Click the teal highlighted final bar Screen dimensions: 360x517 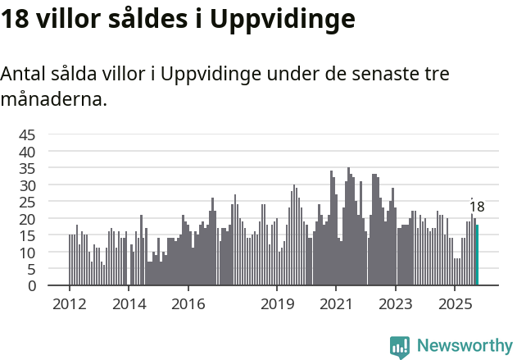coord(477,255)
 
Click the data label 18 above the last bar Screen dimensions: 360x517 coord(477,207)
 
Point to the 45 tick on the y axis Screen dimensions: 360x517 coord(27,135)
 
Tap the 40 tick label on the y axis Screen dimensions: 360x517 coord(27,152)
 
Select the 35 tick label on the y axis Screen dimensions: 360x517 coord(27,169)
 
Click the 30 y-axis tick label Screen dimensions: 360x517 coord(27,185)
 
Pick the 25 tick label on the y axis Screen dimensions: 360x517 coord(27,203)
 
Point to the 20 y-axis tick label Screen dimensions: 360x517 coord(27,219)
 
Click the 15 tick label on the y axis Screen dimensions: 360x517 coord(27,236)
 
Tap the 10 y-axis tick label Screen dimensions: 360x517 coord(27,253)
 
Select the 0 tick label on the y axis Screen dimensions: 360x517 coord(32,286)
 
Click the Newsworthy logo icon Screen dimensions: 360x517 coord(400,347)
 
